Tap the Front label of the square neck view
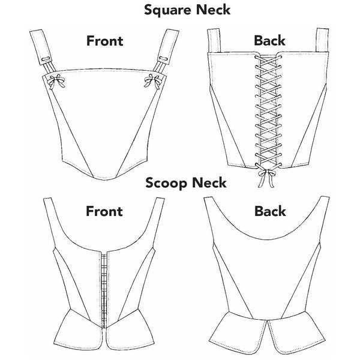(104, 41)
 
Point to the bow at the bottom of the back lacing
(262, 175)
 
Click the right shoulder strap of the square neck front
(165, 45)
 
